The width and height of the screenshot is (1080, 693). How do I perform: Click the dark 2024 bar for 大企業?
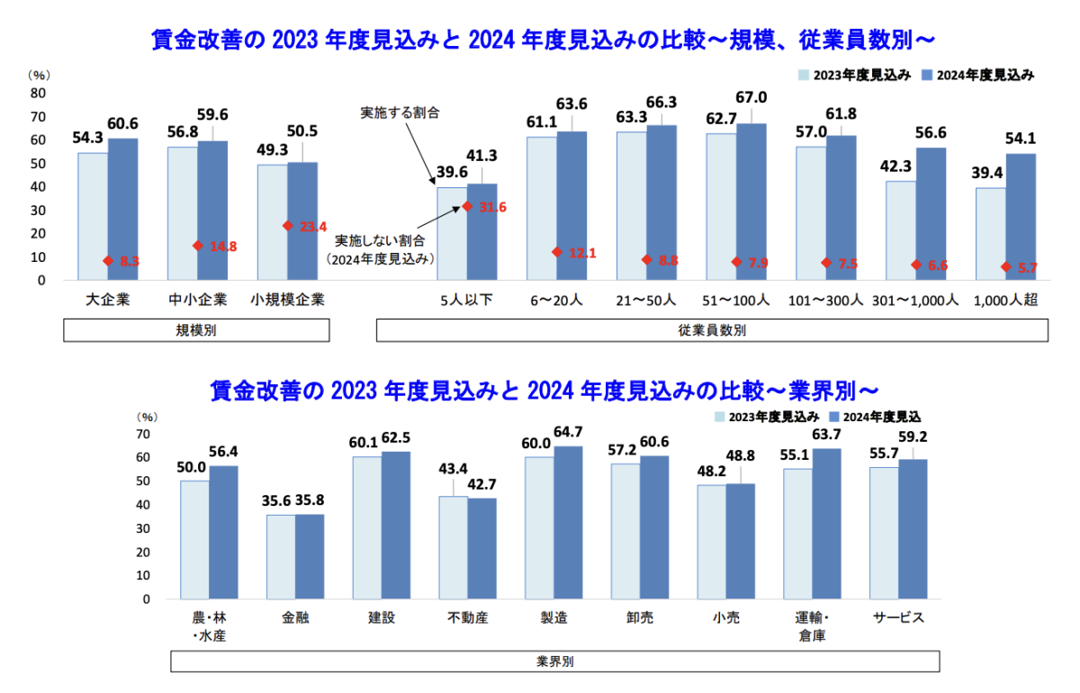(x=122, y=208)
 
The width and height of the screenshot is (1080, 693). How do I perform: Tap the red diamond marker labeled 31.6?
(x=467, y=206)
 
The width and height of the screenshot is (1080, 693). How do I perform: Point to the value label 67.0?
(x=751, y=97)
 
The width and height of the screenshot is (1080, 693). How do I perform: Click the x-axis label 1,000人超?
(x=1006, y=301)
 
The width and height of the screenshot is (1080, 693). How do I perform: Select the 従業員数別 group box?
(x=711, y=330)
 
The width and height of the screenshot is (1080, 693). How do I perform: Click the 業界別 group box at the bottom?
(x=554, y=661)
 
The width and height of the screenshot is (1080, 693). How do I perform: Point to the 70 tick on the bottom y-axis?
(x=145, y=434)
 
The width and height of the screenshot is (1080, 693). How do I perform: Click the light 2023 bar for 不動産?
(x=453, y=546)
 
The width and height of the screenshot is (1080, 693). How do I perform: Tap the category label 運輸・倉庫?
(x=811, y=626)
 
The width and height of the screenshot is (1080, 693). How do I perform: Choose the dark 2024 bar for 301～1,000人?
(x=931, y=213)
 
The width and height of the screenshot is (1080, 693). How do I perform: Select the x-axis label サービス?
(x=899, y=617)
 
